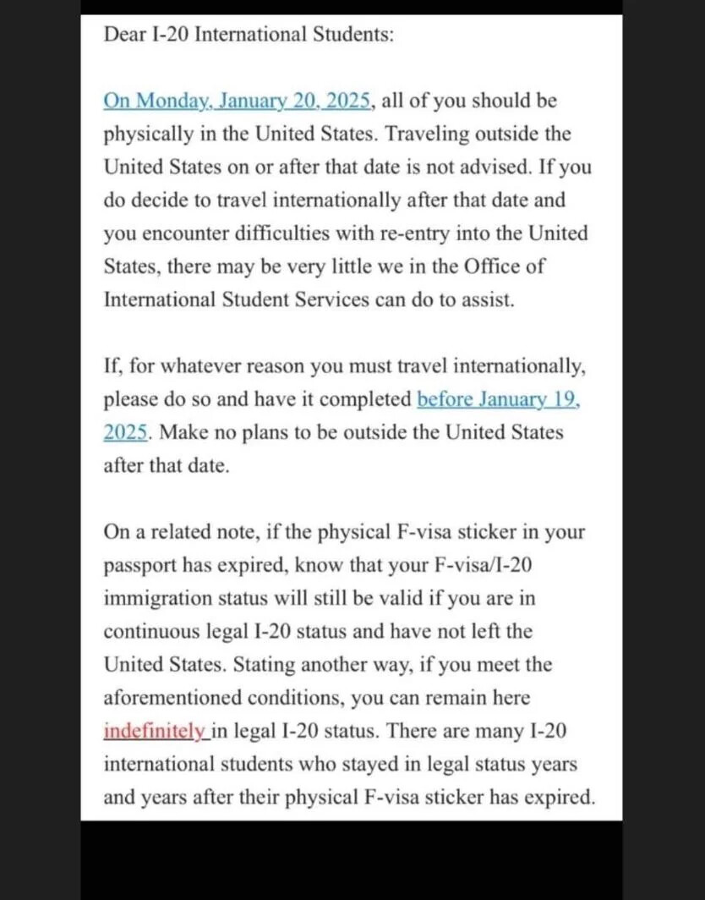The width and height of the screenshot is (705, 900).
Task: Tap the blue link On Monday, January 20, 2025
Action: (237, 101)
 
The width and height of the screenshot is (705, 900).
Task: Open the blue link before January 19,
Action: (499, 399)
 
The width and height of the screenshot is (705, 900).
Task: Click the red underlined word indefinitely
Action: (154, 732)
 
